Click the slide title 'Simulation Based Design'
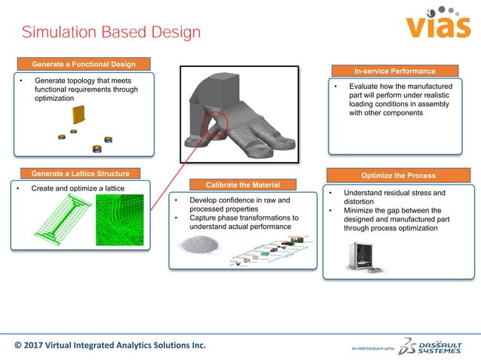pos(111,32)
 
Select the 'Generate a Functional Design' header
pos(84,64)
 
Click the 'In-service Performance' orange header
pos(394,71)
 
